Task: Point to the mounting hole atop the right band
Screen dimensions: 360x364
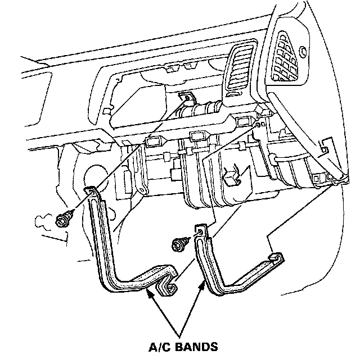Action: tap(199, 230)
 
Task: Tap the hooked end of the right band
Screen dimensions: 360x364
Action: tap(276, 258)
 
